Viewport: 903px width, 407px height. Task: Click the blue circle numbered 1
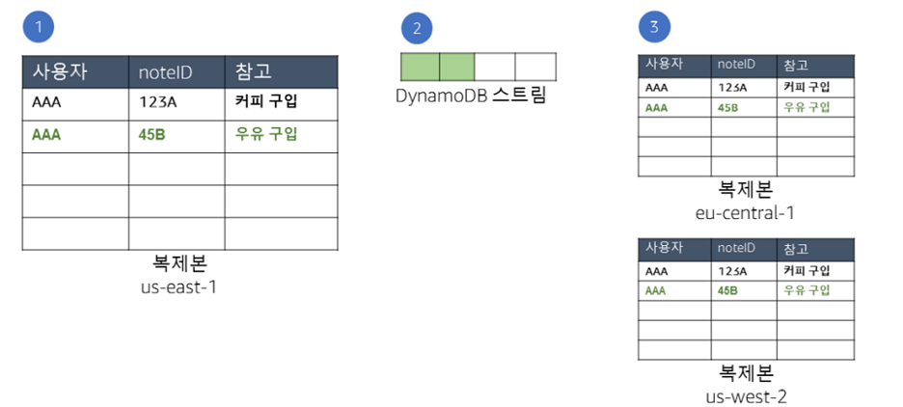[x=38, y=27]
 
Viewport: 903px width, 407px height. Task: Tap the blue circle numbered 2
[x=417, y=27]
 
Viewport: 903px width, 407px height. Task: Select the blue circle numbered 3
[x=655, y=27]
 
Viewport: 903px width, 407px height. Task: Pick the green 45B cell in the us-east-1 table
[x=151, y=134]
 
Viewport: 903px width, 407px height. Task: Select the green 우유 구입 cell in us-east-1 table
[x=266, y=134]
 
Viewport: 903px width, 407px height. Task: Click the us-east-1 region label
[x=179, y=286]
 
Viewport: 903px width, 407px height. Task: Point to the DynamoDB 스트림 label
[x=471, y=96]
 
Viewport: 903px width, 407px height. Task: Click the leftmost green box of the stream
[x=419, y=66]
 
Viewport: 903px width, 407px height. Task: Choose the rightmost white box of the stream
[x=535, y=66]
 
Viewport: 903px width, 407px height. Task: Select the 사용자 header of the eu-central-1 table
[x=665, y=65]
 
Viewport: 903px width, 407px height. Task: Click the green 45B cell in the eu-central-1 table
[x=728, y=107]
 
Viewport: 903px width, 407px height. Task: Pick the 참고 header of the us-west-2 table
[x=796, y=248]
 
